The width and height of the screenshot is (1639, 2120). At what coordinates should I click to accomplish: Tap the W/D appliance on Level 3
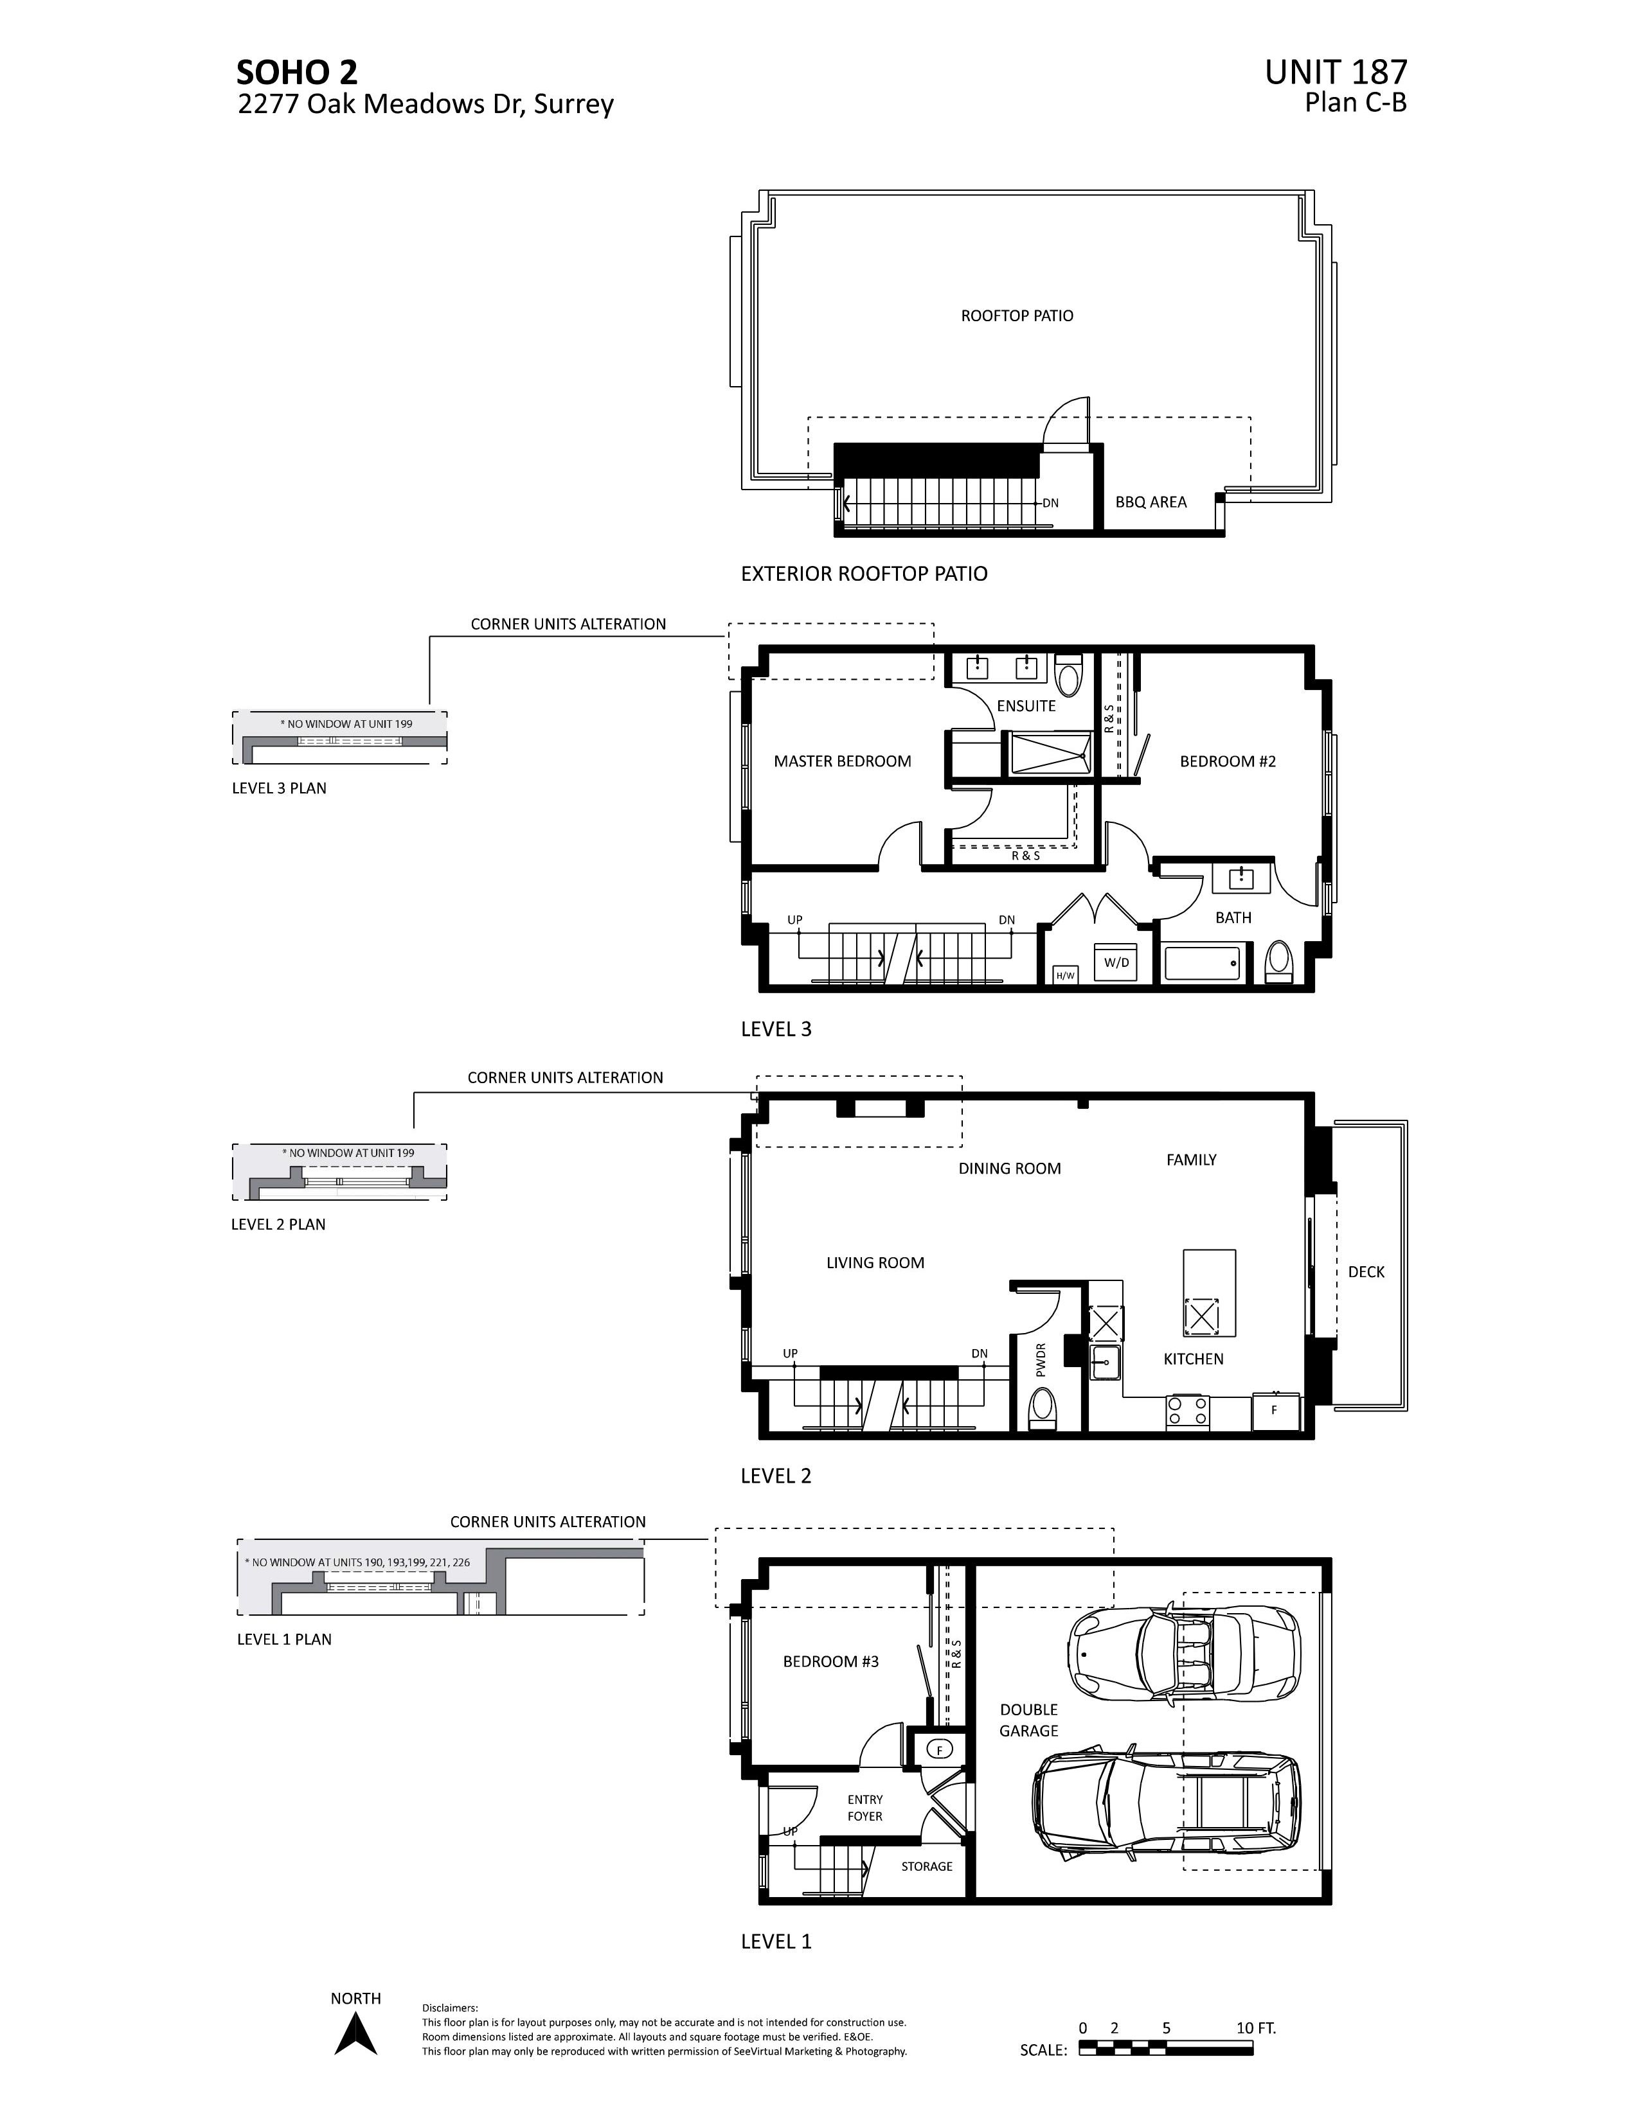1116,962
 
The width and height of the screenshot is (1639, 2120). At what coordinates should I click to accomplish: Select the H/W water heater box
1065,975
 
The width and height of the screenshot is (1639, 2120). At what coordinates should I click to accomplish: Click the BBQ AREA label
1151,502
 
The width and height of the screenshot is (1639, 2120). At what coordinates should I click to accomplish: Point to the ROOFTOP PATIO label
1017,315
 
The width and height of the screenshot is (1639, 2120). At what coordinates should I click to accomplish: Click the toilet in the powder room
1042,1408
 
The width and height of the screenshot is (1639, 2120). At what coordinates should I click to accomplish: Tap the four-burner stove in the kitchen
1188,1410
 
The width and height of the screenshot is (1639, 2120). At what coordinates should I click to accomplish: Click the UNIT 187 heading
1335,73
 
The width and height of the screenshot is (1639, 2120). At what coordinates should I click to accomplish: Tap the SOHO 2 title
297,73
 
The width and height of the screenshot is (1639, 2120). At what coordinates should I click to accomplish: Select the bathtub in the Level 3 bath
1202,964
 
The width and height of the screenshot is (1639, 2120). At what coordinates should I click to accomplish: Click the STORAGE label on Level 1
926,1866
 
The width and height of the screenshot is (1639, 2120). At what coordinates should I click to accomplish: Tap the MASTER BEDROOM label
842,761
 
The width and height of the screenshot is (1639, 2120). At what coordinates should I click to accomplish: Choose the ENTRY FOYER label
864,1807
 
